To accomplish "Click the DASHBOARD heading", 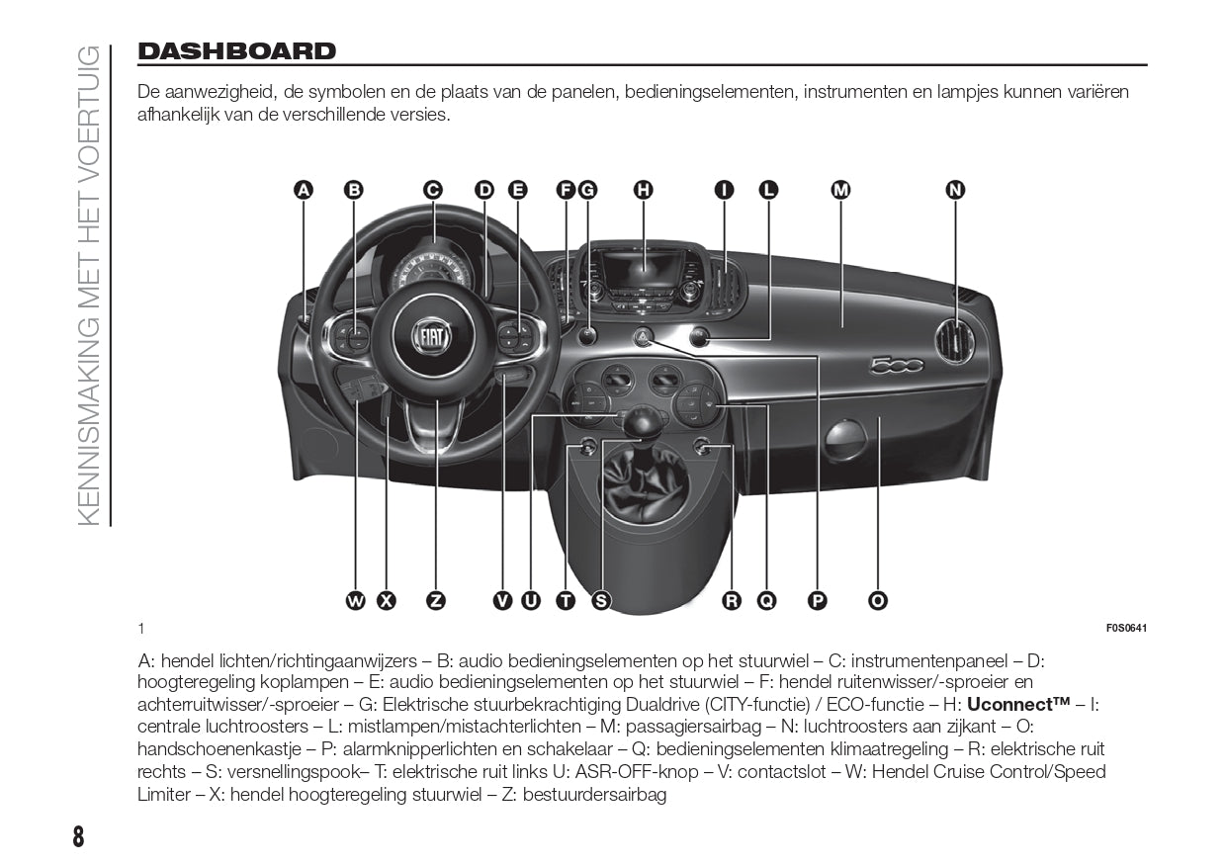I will click(x=237, y=51).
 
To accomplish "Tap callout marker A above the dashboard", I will click(x=304, y=190).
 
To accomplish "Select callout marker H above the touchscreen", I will click(x=644, y=190).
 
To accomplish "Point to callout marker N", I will click(x=955, y=190).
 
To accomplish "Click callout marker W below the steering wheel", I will click(x=355, y=600).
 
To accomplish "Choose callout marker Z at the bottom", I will click(x=436, y=600).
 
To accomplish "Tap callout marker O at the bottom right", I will click(x=877, y=600).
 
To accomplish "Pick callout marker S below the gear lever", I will click(x=601, y=600).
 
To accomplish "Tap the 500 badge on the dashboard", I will click(x=896, y=366).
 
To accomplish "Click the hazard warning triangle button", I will click(x=642, y=338).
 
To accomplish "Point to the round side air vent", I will click(x=956, y=341).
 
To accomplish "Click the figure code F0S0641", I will click(x=1127, y=629).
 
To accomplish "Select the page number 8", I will click(x=78, y=836).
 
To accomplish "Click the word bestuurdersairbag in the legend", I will click(x=594, y=795).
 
